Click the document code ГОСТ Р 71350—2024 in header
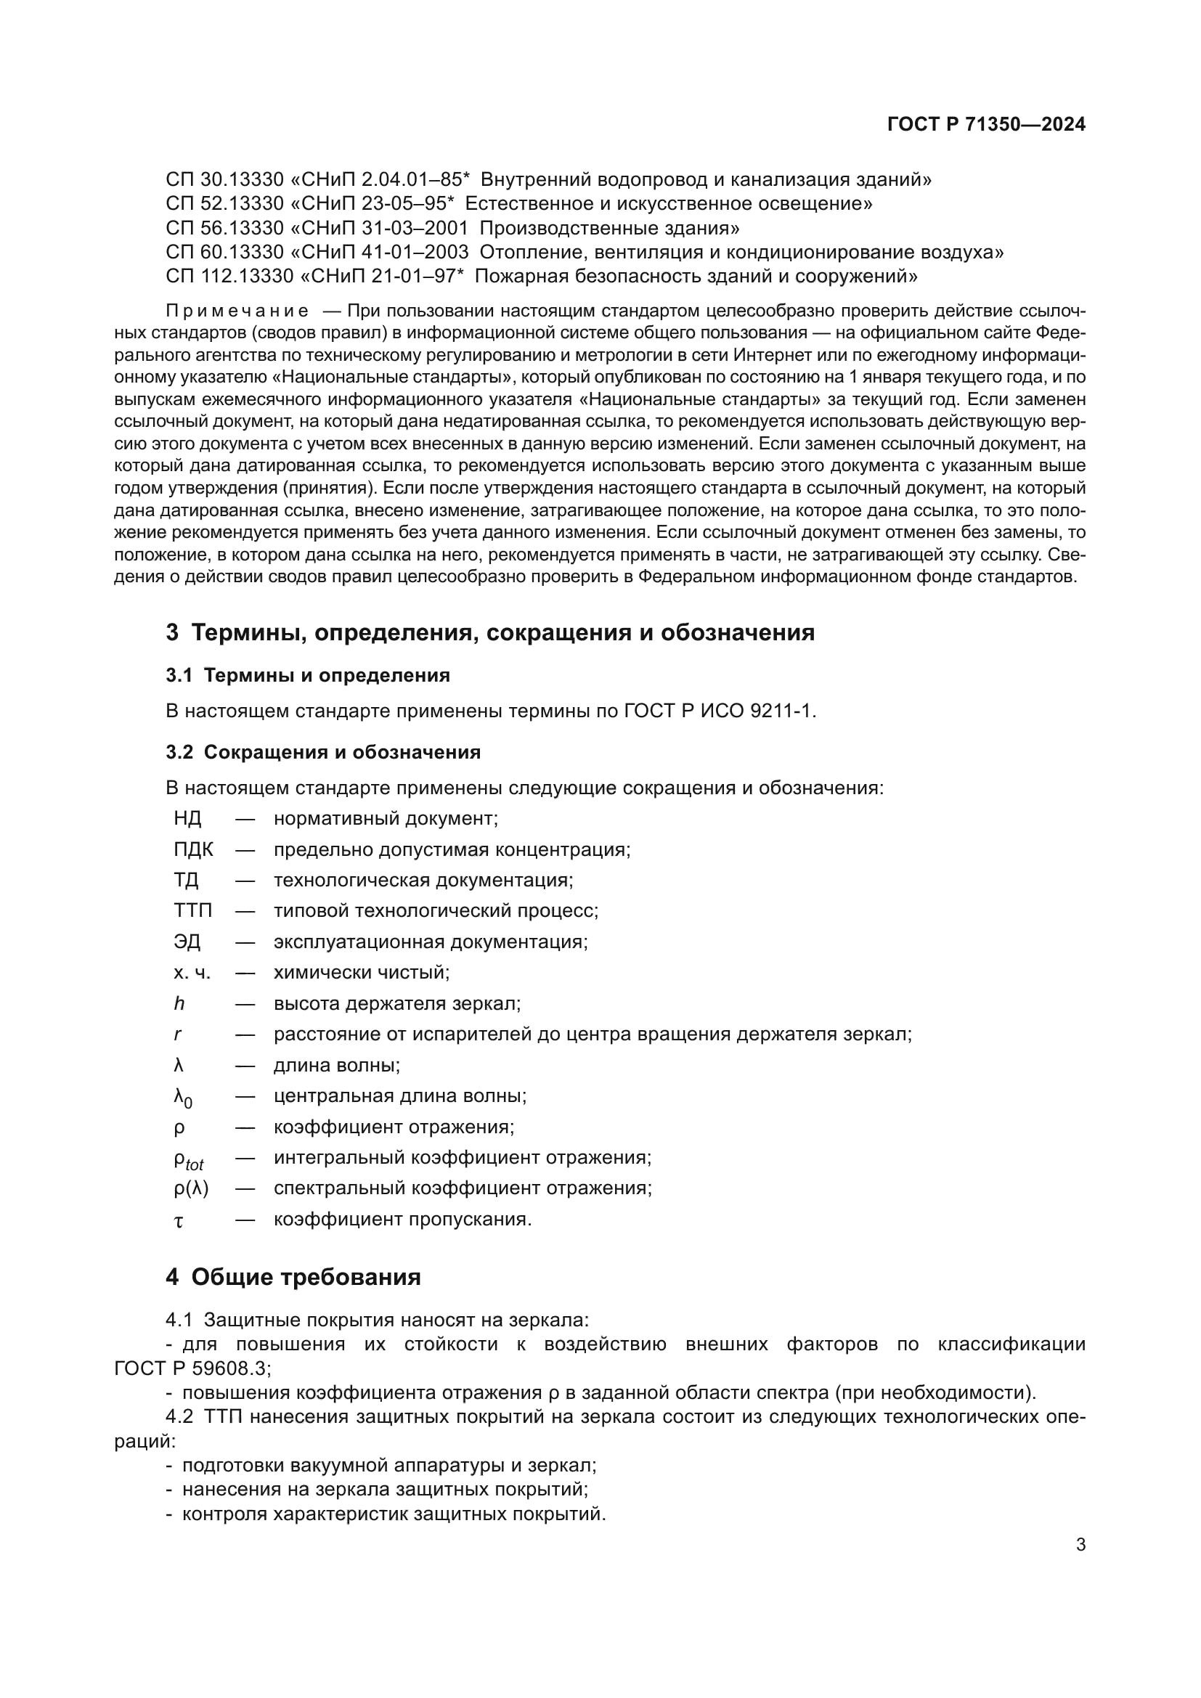point(986,124)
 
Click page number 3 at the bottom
point(1080,1544)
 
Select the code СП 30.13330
point(225,179)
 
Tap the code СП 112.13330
point(229,276)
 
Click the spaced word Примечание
point(237,311)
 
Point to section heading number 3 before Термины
point(172,632)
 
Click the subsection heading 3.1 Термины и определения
point(308,674)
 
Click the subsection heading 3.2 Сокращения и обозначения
point(323,752)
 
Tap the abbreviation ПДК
point(193,849)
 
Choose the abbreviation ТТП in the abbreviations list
point(192,910)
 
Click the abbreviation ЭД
point(187,942)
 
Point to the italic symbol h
point(179,1003)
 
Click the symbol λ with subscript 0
point(183,1098)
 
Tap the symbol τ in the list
point(178,1220)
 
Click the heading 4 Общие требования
point(293,1276)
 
